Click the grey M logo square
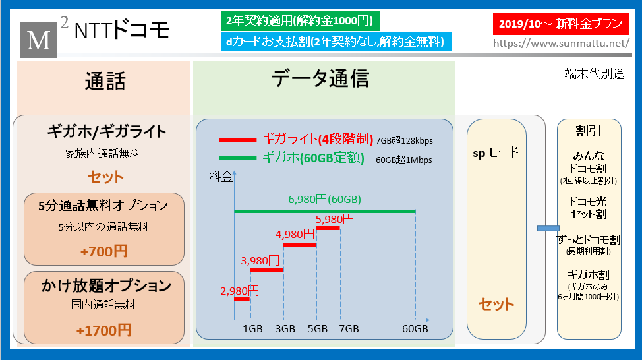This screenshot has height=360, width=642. (39, 40)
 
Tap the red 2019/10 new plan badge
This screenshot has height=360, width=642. (560, 24)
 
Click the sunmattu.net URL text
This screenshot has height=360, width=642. (561, 44)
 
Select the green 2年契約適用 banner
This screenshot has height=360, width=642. (301, 21)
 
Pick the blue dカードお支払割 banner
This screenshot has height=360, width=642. (336, 42)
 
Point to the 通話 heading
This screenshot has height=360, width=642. (105, 80)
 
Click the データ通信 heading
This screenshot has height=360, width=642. (320, 78)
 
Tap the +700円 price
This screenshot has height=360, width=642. (104, 251)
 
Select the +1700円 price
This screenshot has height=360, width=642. (104, 330)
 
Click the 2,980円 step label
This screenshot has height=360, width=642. (239, 291)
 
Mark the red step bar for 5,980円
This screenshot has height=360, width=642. (328, 228)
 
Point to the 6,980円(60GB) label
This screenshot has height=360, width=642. (325, 200)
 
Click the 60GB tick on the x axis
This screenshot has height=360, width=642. (415, 328)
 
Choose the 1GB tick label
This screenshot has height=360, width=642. (252, 328)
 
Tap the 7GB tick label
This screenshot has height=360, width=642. (349, 328)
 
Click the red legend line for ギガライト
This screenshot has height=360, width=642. (238, 140)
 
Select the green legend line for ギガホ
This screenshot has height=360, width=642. (238, 158)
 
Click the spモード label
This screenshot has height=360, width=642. (496, 153)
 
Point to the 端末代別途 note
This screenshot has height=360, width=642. (594, 74)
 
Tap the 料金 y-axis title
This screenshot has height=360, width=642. (221, 177)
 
